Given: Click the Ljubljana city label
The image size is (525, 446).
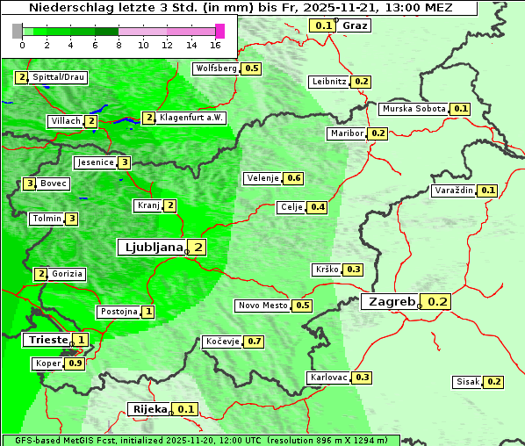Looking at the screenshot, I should point(150,248).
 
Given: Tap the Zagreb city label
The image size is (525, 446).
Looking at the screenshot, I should point(391,302).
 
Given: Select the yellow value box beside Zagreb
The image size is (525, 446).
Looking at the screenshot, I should point(438,302).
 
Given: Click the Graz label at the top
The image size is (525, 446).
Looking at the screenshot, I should point(355,25).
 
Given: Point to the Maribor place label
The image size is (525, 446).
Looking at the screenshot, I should point(345,133).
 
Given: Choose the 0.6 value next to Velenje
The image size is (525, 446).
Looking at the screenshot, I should point(294,178).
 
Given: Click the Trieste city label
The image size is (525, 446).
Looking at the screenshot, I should point(47,340).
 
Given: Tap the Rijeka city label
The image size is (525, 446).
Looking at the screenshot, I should point(148,409).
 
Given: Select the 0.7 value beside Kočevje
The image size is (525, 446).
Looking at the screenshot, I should point(255,341).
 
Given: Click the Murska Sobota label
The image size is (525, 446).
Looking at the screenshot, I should point(414,109).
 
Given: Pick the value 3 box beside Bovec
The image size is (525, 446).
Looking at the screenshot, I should point(30,183).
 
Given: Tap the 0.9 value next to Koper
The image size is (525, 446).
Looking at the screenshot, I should point(76,363).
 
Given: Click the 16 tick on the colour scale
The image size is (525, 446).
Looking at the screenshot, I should point(215,45).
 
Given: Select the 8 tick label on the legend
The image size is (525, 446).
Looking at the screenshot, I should point(119,45).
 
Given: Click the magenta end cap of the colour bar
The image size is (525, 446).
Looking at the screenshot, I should point(219,31).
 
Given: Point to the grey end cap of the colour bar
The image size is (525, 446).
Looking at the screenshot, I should point(18,31).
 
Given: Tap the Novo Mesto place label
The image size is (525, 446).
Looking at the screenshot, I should point(262,306).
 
